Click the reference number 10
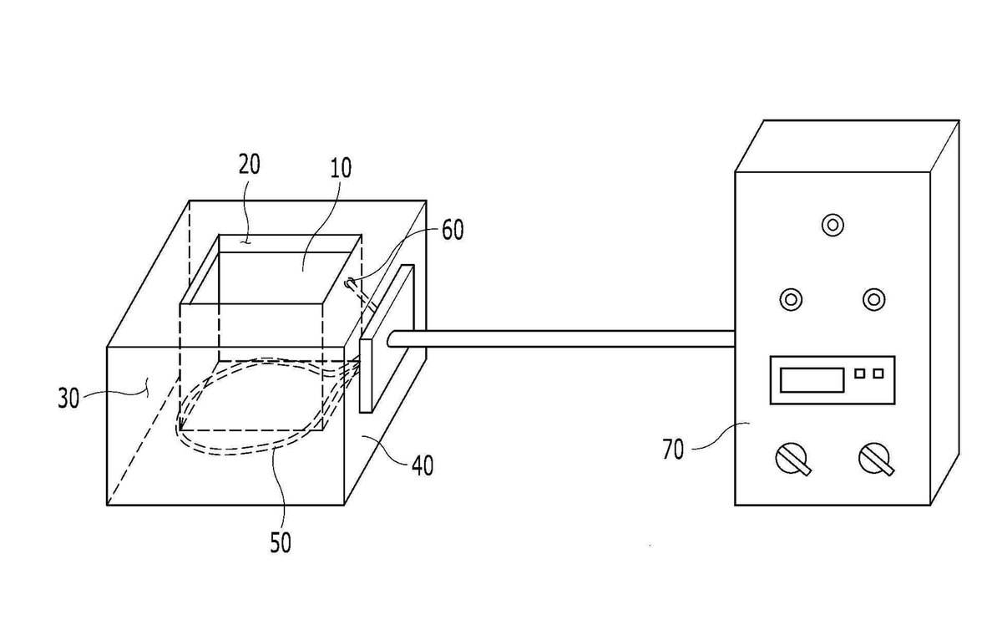click(x=341, y=168)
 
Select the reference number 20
click(x=249, y=165)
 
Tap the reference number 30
click(x=68, y=399)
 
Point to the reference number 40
click(x=423, y=465)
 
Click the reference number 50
click(x=281, y=543)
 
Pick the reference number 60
click(x=453, y=230)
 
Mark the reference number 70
click(x=673, y=450)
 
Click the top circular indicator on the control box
click(x=832, y=225)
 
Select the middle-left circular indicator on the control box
click(x=791, y=299)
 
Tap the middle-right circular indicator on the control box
click(x=873, y=299)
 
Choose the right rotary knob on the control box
click(x=876, y=460)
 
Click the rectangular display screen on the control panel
click(x=812, y=380)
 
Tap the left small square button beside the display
click(x=859, y=374)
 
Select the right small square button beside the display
click(x=878, y=374)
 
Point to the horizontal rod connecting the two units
click(x=561, y=338)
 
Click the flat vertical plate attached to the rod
click(x=387, y=338)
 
